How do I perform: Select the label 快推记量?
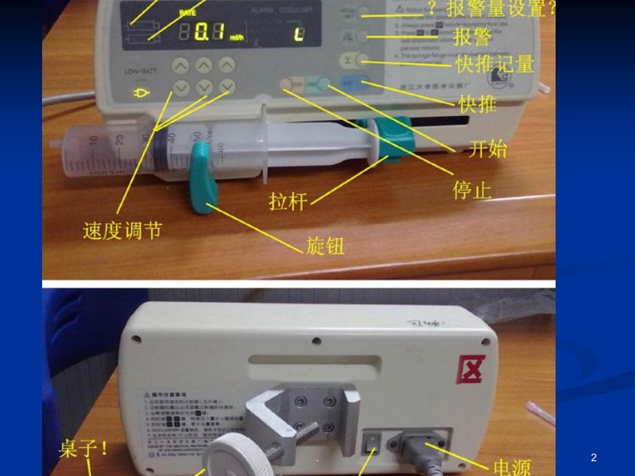coord(494,64)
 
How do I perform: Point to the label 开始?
coord(487,148)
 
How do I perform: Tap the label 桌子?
coord(84,449)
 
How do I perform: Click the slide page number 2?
coord(594,457)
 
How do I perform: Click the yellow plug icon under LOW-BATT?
coord(142,93)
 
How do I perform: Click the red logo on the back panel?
coord(471,369)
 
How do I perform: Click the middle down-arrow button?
coord(204,88)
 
